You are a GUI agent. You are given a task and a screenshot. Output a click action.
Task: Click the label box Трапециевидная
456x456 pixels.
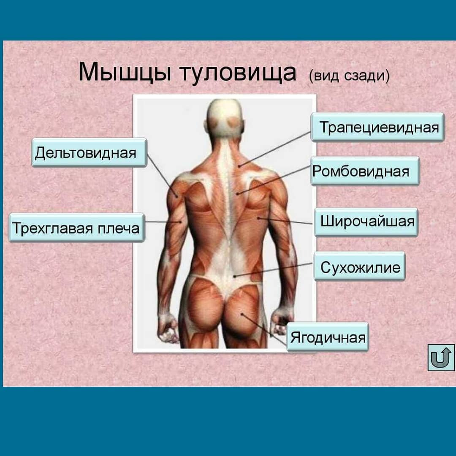click(377, 127)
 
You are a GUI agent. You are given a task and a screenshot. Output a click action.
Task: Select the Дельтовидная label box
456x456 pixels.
click(89, 152)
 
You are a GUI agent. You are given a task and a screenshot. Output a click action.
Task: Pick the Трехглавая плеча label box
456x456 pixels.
click(76, 228)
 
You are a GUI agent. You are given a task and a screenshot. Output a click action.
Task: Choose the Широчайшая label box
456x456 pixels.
click(366, 222)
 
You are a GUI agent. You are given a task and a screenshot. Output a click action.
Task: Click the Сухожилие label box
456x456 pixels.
click(359, 266)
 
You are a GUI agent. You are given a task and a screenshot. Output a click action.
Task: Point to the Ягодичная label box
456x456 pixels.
click(328, 337)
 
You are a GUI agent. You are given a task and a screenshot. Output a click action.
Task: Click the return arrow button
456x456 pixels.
click(441, 357)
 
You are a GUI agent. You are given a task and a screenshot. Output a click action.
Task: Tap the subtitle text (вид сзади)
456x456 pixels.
click(349, 76)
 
